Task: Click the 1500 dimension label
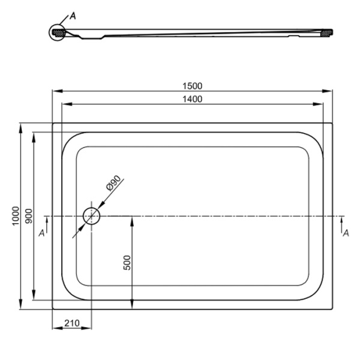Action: (193, 86)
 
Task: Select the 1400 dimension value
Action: (193, 99)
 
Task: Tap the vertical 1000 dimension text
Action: (16, 216)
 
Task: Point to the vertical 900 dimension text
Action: (29, 216)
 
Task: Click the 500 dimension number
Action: (127, 263)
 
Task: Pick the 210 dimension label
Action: (72, 323)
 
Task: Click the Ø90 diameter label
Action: (113, 183)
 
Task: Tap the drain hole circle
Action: (91, 216)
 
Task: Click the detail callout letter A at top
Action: (73, 16)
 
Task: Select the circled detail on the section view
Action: (57, 32)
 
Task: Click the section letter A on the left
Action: (41, 233)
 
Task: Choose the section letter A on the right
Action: (346, 233)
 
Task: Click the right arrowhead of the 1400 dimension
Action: (318, 104)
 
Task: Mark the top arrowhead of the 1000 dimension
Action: (21, 128)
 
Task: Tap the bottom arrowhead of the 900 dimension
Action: (34, 295)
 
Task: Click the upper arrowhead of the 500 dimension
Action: (132, 221)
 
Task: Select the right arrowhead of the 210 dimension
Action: (86, 328)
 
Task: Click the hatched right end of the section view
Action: (326, 33)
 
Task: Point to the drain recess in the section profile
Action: (92, 37)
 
